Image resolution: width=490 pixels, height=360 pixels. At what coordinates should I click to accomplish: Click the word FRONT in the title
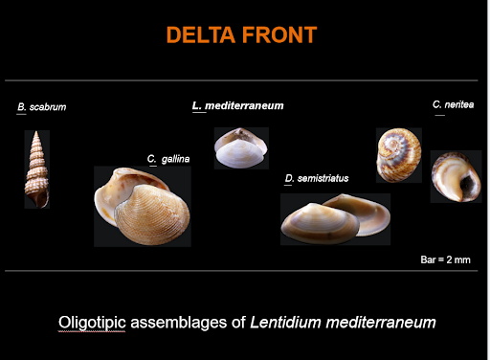pos(282,36)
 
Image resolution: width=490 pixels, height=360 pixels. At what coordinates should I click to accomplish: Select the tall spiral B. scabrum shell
pos(36,169)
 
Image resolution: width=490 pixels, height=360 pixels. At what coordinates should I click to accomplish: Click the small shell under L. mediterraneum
pos(240,148)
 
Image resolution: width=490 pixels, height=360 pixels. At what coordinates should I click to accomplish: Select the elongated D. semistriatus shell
pos(334,220)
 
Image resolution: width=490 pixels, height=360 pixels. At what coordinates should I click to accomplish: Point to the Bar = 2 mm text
pos(446,259)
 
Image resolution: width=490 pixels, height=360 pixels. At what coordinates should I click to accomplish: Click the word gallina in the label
pos(175,158)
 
